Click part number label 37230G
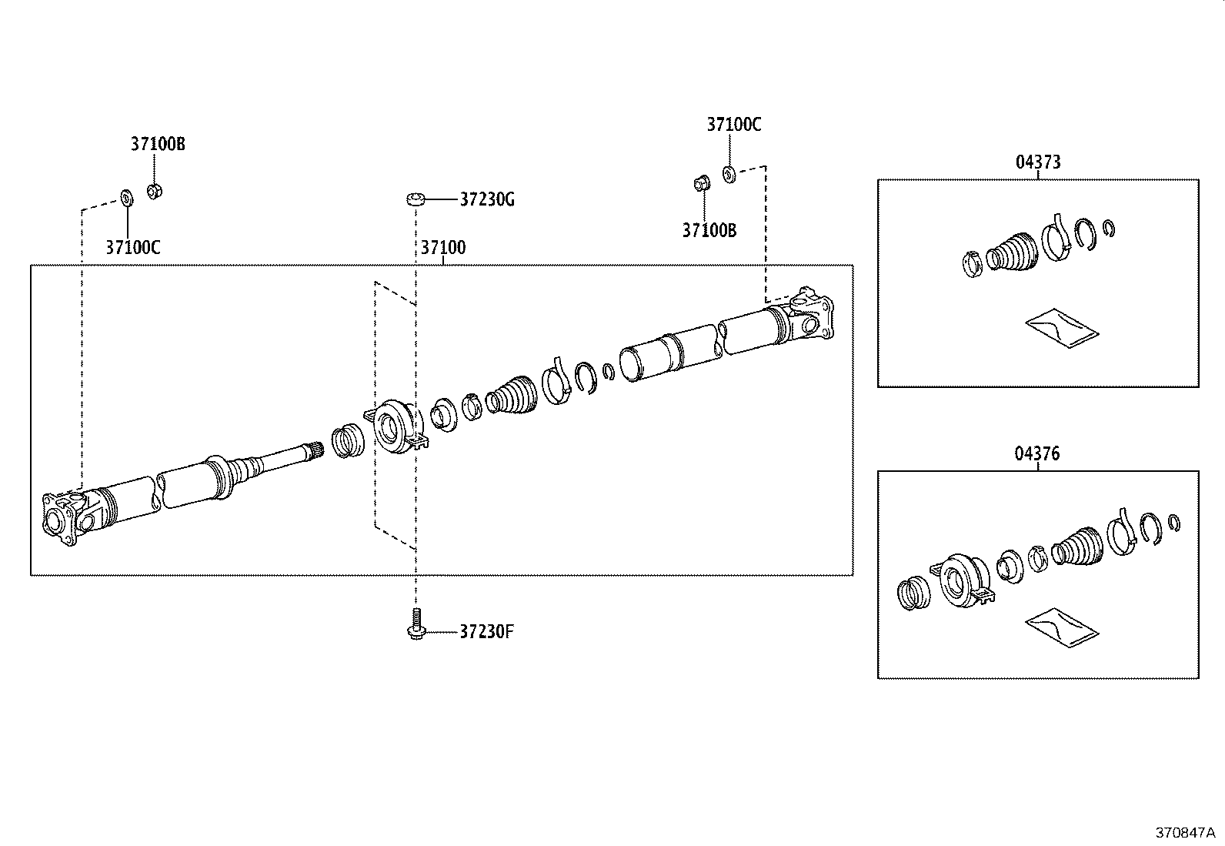(x=486, y=200)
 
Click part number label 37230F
(x=486, y=633)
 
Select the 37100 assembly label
(x=442, y=248)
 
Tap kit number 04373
(x=1038, y=162)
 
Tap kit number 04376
(x=1036, y=454)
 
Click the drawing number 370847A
(x=1184, y=833)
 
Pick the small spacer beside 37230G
(x=416, y=200)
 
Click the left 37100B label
(x=157, y=144)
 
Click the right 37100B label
(x=709, y=230)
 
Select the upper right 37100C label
(x=734, y=125)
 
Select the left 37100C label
(x=133, y=248)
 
